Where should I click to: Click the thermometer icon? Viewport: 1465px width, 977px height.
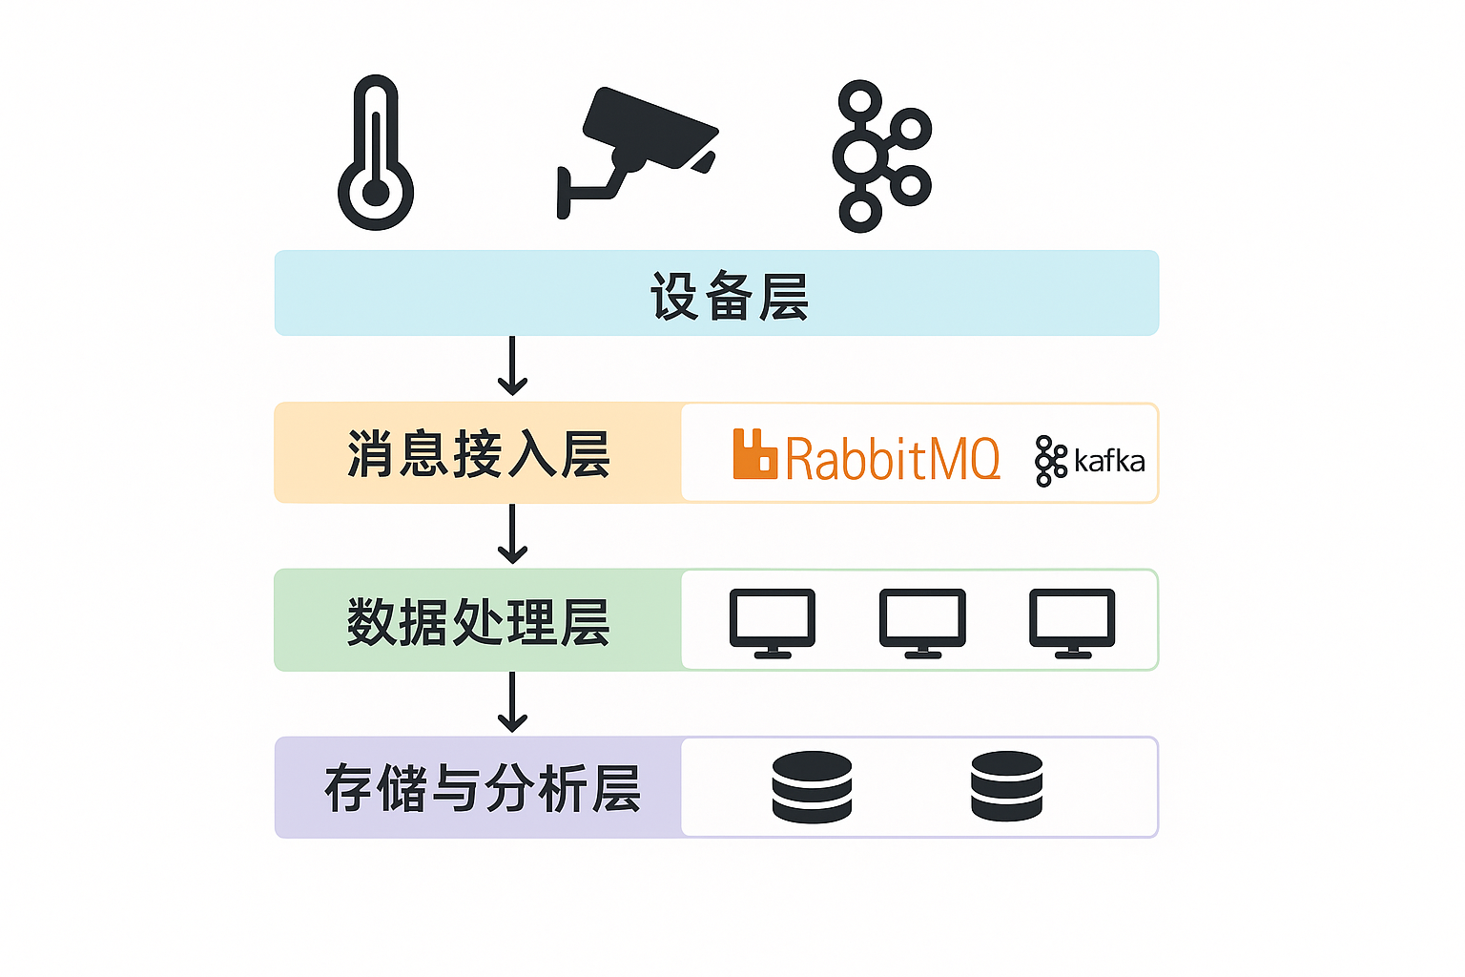pyautogui.click(x=376, y=153)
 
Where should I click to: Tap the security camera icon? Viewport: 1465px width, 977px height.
pyautogui.click(x=637, y=148)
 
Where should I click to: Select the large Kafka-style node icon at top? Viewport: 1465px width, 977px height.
pyautogui.click(x=879, y=156)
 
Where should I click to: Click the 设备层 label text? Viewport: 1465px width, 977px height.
pyautogui.click(x=730, y=296)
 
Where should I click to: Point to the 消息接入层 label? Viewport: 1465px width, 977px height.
pyautogui.click(x=478, y=454)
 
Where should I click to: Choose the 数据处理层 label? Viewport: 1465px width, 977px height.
pyautogui.click(x=478, y=622)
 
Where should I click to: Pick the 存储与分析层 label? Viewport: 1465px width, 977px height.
pyautogui.click(x=482, y=789)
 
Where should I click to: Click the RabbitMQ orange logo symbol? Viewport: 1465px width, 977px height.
pyautogui.click(x=754, y=454)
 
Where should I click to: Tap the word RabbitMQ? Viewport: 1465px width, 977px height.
pyautogui.click(x=893, y=459)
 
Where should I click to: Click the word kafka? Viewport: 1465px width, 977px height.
pyautogui.click(x=1109, y=462)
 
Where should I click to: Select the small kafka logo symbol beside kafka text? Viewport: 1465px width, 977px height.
pyautogui.click(x=1050, y=461)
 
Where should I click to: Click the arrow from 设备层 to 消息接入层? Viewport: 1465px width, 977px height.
pyautogui.click(x=512, y=366)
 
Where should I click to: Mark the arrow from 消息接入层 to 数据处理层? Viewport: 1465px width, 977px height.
pyautogui.click(x=512, y=534)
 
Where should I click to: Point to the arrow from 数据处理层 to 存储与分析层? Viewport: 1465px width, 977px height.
pyautogui.click(x=512, y=702)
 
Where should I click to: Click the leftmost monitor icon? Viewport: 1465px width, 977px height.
pyautogui.click(x=773, y=622)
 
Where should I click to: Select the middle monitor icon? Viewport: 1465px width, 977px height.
pyautogui.click(x=922, y=622)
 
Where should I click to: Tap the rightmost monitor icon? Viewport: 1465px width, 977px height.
pyautogui.click(x=1072, y=622)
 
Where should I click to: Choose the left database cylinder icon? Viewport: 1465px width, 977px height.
pyautogui.click(x=812, y=787)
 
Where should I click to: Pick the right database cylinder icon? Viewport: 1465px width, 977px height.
pyautogui.click(x=1006, y=786)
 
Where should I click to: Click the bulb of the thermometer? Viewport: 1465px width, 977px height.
pyautogui.click(x=376, y=193)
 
